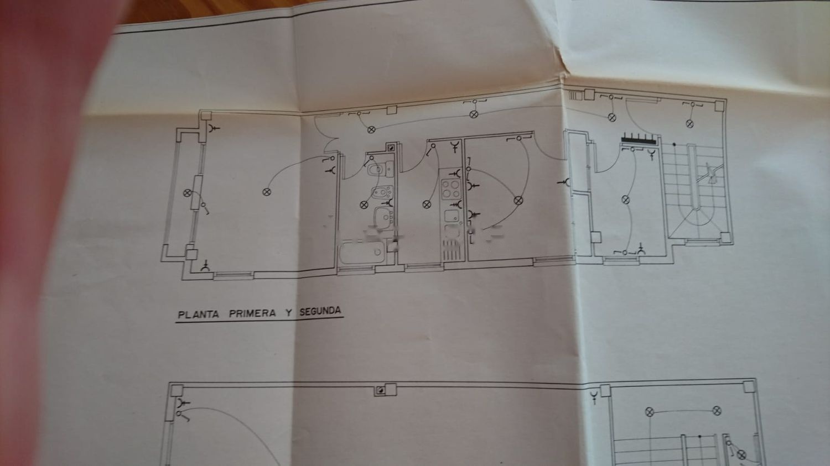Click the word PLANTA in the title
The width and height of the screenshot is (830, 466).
click(x=198, y=315)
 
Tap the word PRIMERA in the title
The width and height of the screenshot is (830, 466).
click(x=252, y=313)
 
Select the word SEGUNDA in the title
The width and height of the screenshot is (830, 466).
click(x=320, y=311)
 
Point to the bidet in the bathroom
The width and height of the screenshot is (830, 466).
click(x=382, y=192)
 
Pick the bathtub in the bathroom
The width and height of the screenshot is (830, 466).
click(x=362, y=253)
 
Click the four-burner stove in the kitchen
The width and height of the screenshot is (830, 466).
click(x=450, y=189)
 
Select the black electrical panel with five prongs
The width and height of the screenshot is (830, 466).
click(x=639, y=139)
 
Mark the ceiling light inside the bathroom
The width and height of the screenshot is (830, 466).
click(x=364, y=205)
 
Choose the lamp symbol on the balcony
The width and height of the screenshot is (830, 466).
click(x=188, y=193)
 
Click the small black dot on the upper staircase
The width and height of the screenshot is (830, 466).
click(x=675, y=144)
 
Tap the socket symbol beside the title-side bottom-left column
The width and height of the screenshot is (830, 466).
click(x=205, y=266)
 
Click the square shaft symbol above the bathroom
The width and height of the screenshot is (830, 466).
click(x=391, y=148)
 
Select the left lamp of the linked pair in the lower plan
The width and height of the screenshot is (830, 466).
click(x=649, y=412)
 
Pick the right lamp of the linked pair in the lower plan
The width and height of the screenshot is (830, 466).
click(x=717, y=411)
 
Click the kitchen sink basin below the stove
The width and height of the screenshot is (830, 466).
click(x=452, y=216)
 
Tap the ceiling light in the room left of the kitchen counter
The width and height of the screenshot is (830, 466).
click(x=427, y=204)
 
